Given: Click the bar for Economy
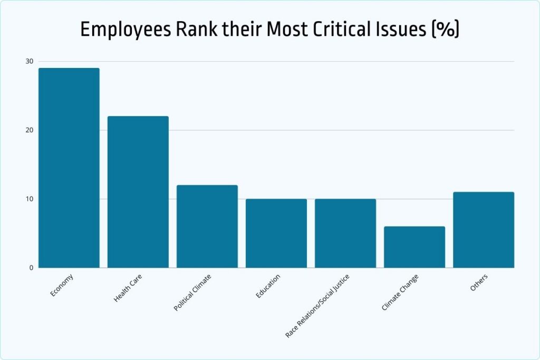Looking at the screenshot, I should (x=69, y=168).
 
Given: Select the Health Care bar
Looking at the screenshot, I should (x=138, y=192).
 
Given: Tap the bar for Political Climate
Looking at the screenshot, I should (x=207, y=226).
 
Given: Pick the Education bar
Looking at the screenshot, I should (x=276, y=233).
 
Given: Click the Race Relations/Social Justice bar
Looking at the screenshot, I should (x=345, y=233).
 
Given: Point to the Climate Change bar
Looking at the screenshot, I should (x=414, y=247).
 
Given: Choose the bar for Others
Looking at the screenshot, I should (x=484, y=230).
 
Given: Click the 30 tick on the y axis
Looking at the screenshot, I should (x=29, y=61).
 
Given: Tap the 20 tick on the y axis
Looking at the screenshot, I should (x=29, y=130).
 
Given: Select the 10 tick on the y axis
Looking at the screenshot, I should (x=29, y=199).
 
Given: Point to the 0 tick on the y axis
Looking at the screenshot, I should (x=31, y=268).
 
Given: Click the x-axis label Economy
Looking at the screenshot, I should (x=62, y=285).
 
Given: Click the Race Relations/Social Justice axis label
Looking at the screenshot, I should (x=317, y=306).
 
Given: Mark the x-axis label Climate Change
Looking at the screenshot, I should (x=400, y=291).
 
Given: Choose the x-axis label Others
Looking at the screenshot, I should (x=479, y=283).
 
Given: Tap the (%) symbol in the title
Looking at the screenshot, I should (x=446, y=30).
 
